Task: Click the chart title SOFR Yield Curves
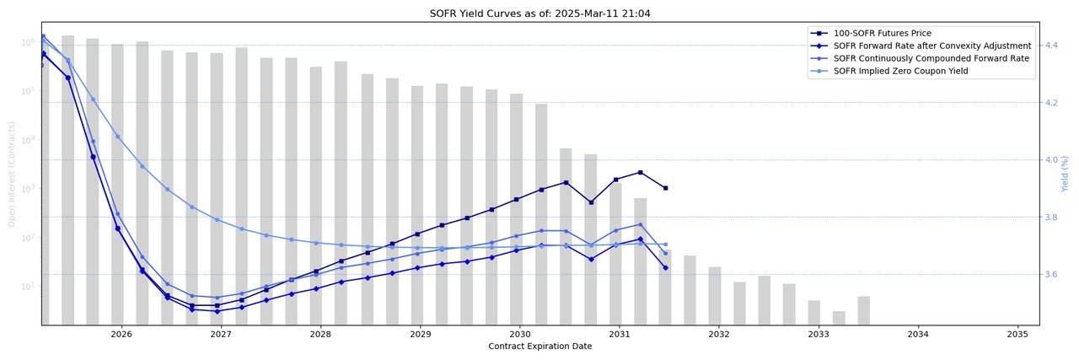pyautogui.click(x=539, y=13)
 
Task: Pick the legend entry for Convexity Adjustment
pyautogui.click(x=931, y=46)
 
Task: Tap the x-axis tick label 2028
pyautogui.click(x=320, y=335)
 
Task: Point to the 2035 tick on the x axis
pyautogui.click(x=1017, y=335)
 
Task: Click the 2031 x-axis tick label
pyautogui.click(x=620, y=335)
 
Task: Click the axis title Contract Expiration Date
pyautogui.click(x=539, y=347)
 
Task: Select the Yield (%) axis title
pyautogui.click(x=1066, y=173)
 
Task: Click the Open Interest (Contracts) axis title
pyautogui.click(x=12, y=174)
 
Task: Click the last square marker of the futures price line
pyautogui.click(x=665, y=188)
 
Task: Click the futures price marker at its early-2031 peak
pyautogui.click(x=641, y=172)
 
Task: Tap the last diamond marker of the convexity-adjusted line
pyautogui.click(x=665, y=268)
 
